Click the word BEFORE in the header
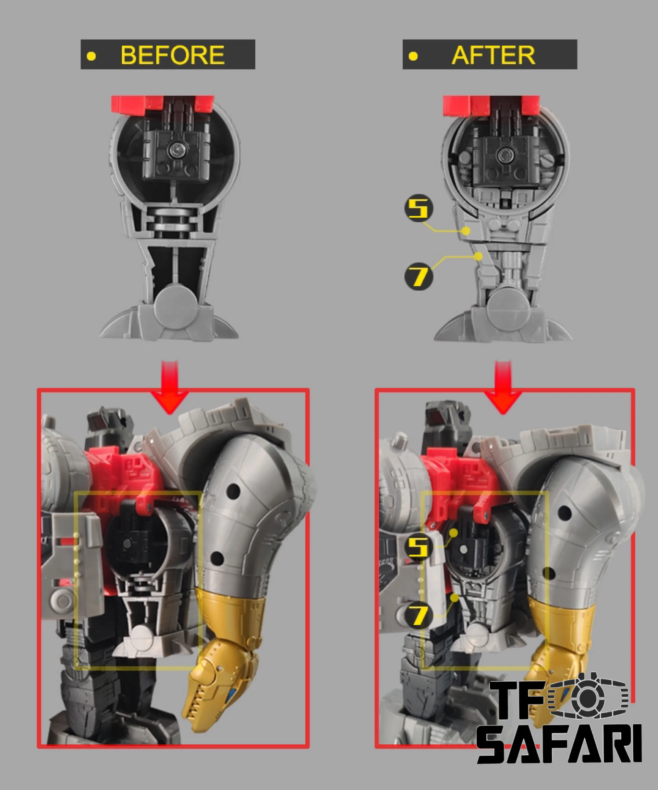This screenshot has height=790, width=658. click(x=173, y=55)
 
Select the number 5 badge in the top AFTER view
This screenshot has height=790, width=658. click(x=418, y=208)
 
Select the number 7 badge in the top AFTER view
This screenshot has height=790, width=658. click(x=418, y=276)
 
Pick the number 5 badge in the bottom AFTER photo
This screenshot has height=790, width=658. click(x=418, y=547)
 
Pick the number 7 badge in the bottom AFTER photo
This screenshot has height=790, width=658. click(x=418, y=615)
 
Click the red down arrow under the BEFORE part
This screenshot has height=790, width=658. click(x=170, y=387)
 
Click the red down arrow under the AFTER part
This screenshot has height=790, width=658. click(x=503, y=387)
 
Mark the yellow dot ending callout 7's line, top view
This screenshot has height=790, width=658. click(x=478, y=256)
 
